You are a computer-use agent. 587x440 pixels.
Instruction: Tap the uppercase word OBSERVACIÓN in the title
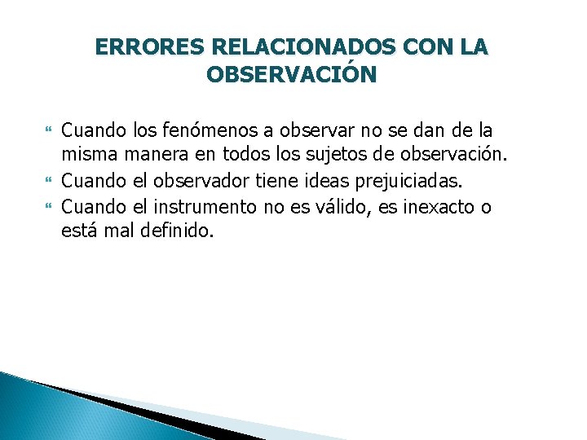292,75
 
